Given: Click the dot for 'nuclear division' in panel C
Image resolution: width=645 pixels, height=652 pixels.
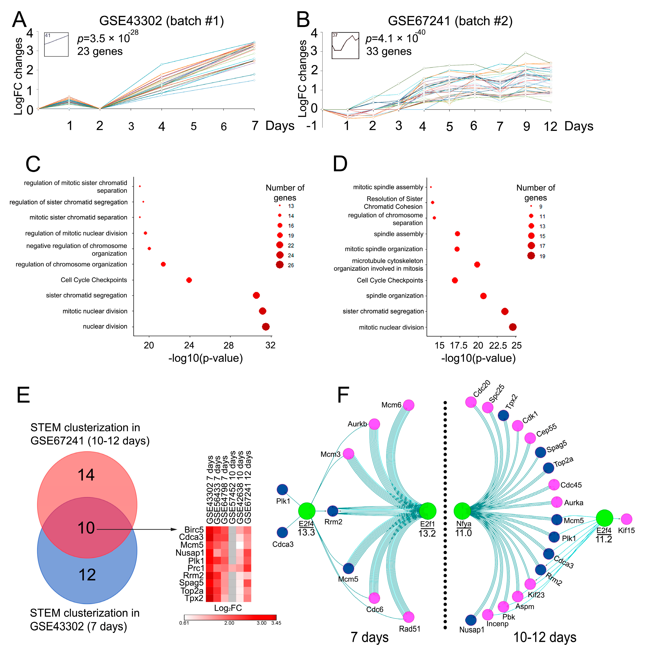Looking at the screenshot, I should pyautogui.click(x=266, y=326).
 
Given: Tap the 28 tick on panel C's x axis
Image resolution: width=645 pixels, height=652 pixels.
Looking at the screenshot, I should pyautogui.click(x=229, y=345).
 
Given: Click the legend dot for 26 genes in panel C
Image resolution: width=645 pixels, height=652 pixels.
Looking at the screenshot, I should pyautogui.click(x=280, y=265).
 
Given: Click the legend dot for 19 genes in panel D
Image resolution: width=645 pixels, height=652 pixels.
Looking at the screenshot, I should pyautogui.click(x=531, y=256).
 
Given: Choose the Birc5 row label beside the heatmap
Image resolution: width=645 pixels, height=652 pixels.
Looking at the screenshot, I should pyautogui.click(x=194, y=530).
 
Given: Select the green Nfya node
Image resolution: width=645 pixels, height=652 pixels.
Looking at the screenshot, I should pyautogui.click(x=462, y=511).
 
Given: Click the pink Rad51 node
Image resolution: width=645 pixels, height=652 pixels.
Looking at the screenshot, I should pyautogui.click(x=408, y=617).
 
